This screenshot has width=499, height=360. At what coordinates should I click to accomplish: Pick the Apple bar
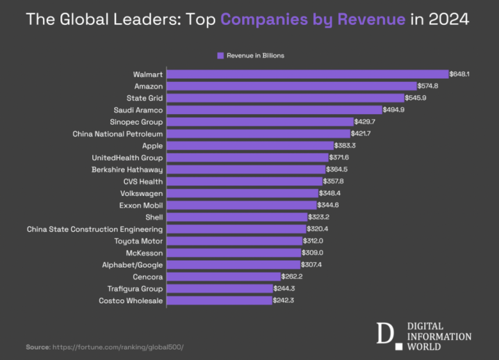pos(249,145)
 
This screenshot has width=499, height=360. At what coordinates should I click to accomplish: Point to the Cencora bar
pos(224,276)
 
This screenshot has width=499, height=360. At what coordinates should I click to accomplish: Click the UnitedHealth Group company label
pos(127,158)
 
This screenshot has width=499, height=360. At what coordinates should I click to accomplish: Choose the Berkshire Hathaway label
pos(127,170)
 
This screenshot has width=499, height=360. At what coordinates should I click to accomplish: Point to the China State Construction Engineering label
pos(95,229)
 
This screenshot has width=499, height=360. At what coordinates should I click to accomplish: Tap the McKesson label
pos(144,253)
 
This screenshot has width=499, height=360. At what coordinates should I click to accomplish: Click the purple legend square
pos(220,56)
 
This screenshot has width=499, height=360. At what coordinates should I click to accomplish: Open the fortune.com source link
pos(119,347)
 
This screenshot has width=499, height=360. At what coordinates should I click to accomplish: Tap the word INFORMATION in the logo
pos(439,336)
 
